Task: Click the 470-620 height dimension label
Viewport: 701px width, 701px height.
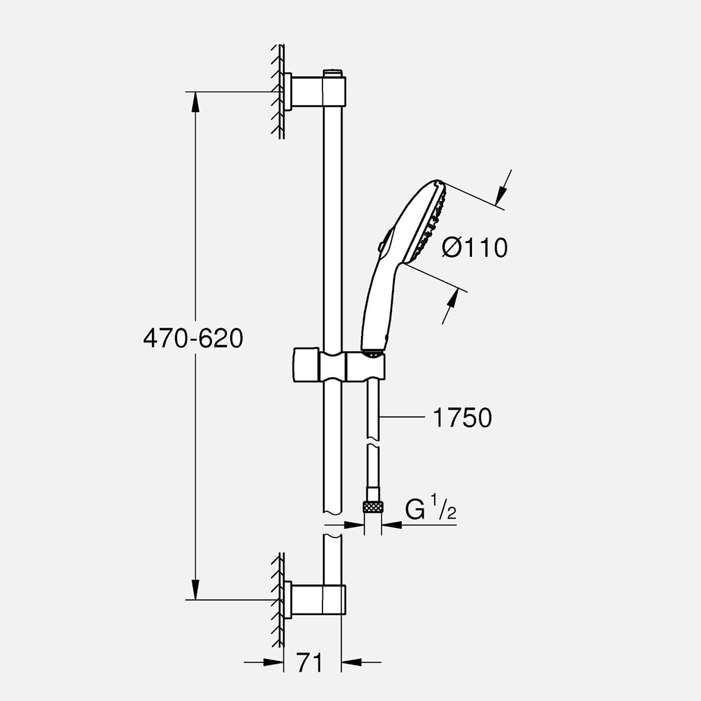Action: (x=193, y=338)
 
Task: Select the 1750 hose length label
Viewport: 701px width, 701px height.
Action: (x=462, y=418)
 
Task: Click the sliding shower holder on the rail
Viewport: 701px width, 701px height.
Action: (x=339, y=366)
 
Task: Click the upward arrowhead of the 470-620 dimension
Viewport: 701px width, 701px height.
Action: (x=195, y=103)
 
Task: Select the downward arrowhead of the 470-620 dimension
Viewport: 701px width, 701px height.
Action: (x=195, y=589)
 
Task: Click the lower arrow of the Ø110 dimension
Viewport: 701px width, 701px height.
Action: (x=450, y=303)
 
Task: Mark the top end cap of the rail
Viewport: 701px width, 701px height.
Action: (x=333, y=73)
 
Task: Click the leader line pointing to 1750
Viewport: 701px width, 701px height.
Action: (x=403, y=418)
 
